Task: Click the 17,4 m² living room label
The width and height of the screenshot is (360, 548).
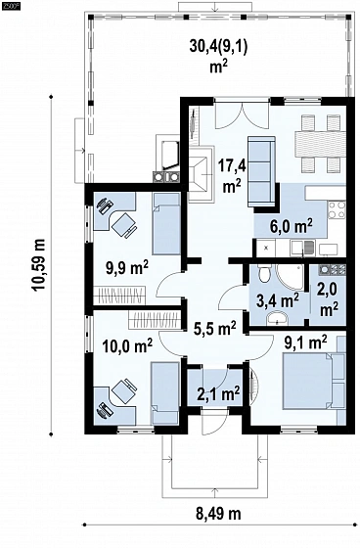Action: pos(232,175)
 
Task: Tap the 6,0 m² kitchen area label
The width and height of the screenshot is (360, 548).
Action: pos(292,226)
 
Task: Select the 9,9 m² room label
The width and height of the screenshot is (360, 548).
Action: pos(127,268)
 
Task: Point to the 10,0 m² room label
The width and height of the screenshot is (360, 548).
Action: pos(127,346)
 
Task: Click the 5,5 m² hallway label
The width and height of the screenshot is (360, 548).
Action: pos(215,328)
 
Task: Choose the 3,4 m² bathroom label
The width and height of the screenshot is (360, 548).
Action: pos(277,300)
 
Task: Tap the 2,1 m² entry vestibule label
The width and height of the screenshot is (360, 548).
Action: pos(218,393)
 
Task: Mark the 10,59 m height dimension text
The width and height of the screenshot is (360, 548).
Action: pos(38,264)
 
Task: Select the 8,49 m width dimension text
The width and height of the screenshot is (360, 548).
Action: pos(218,514)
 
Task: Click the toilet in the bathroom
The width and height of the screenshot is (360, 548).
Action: pos(263,273)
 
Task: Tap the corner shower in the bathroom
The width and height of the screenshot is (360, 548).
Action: pos(290,277)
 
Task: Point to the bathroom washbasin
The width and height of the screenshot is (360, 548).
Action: pos(277,318)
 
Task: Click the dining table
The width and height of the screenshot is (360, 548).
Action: pos(320,144)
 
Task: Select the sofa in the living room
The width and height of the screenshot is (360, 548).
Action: pos(261,171)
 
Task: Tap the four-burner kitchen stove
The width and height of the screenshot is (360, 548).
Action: pos(337,209)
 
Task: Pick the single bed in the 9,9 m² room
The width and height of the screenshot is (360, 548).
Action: pos(166,224)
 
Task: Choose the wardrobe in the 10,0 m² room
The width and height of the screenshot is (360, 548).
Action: pos(155,319)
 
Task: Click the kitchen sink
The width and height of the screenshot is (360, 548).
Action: pos(303,248)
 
